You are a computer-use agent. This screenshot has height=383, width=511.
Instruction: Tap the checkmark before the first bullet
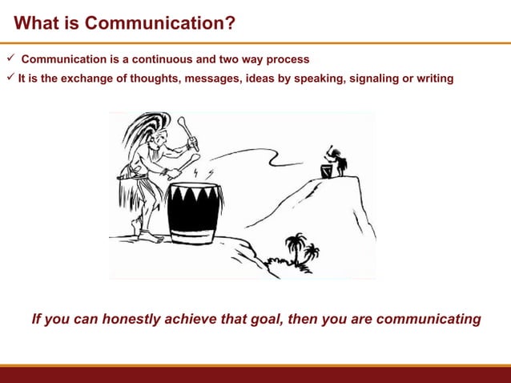click(9, 59)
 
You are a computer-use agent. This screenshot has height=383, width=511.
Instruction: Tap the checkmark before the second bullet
click(9, 78)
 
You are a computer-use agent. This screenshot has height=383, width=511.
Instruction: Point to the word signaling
click(375, 79)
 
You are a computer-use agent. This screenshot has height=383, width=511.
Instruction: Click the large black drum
click(194, 212)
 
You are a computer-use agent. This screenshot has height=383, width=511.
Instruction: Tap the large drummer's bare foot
click(148, 236)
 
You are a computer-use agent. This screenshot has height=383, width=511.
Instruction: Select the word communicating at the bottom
click(428, 319)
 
